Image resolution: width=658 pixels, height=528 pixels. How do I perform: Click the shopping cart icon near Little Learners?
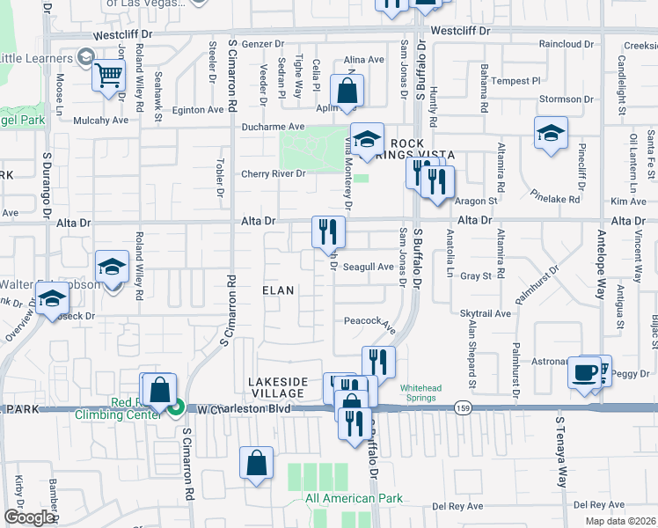point(108,75)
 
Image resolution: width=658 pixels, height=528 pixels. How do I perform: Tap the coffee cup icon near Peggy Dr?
point(583,372)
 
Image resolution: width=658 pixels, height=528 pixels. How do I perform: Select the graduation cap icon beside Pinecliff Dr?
point(551,134)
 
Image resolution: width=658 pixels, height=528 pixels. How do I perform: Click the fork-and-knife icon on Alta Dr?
point(328,232)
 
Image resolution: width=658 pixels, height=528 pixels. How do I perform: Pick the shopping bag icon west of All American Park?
point(255,466)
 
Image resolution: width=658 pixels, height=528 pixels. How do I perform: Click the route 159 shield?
point(463,407)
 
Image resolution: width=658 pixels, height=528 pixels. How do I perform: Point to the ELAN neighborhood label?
point(278,290)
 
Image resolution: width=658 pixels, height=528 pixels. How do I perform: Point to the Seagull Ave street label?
point(368,267)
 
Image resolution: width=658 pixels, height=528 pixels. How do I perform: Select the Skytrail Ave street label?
point(485,313)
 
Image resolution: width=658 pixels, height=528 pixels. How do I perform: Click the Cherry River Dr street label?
point(273,173)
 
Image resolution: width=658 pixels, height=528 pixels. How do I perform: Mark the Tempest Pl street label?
point(517,80)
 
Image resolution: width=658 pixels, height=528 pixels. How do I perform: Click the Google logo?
point(29,517)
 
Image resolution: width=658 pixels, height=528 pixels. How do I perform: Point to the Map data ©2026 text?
point(620,521)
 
